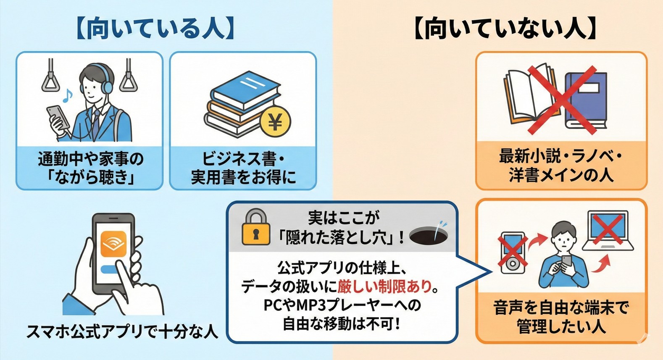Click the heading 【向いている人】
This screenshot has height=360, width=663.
[155, 28]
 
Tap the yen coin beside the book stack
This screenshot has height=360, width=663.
[275, 122]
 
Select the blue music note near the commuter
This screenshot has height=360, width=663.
[66, 96]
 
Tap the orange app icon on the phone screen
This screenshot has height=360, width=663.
[113, 244]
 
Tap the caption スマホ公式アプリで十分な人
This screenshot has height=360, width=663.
[122, 332]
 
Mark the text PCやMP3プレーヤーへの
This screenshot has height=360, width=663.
[342, 305]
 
